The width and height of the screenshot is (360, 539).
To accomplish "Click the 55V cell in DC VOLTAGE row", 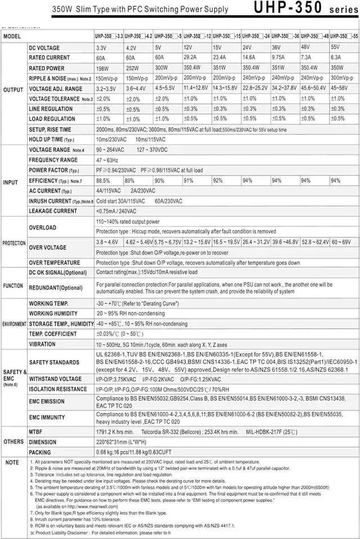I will (x=336, y=47).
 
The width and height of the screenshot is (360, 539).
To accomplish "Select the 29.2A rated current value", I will (x=191, y=57).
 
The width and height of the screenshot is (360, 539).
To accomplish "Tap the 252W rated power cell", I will (x=132, y=68).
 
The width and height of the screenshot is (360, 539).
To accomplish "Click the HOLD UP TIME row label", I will (x=51, y=140).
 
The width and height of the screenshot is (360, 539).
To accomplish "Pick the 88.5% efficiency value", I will (x=103, y=181).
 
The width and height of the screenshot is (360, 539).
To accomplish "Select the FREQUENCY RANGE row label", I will (x=53, y=160).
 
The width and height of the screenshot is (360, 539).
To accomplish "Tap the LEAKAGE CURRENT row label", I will (x=53, y=211).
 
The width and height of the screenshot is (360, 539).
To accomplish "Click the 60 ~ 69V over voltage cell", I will (x=341, y=242).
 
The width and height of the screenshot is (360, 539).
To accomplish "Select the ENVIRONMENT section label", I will (x=14, y=324).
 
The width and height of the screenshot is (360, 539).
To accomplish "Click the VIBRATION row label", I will (x=42, y=344).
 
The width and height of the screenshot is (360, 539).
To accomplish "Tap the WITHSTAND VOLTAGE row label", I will (x=55, y=379).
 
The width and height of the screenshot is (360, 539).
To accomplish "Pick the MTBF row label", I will (x=37, y=432).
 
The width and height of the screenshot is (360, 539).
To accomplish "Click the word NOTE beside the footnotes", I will (x=12, y=462).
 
